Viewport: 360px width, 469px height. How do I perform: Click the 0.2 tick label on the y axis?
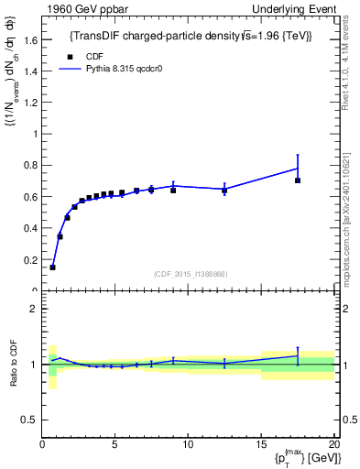point(29,260)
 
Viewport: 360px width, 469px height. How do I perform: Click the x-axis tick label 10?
point(187,445)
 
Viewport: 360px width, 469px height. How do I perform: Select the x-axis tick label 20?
point(332,445)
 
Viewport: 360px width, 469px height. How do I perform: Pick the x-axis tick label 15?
point(259,445)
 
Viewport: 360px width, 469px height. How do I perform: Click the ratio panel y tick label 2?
point(33,309)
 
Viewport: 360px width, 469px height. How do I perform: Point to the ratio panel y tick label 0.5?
point(29,420)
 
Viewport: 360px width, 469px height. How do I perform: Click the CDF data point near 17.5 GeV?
point(297,180)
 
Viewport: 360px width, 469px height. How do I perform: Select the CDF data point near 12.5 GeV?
point(224,191)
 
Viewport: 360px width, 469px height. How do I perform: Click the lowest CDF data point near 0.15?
point(53,267)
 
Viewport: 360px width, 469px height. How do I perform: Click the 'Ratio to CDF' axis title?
point(12,364)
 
